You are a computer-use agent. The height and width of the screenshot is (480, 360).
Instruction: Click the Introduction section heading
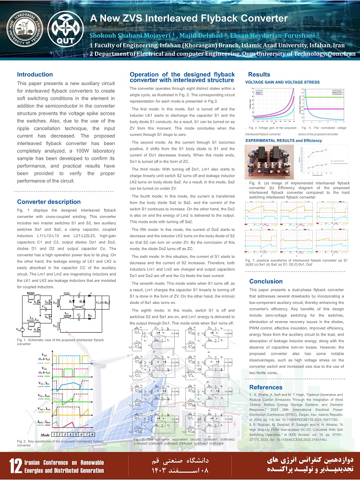pyautogui.click(x=35, y=74)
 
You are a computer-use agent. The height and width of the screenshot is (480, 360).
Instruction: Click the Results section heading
pyautogui.click(x=259, y=74)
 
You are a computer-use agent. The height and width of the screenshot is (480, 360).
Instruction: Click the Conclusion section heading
pyautogui.click(x=266, y=281)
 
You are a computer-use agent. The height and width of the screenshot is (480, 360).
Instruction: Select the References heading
pyautogui.click(x=266, y=387)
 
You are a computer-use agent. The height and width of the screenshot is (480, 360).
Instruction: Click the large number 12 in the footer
pyautogui.click(x=13, y=465)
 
